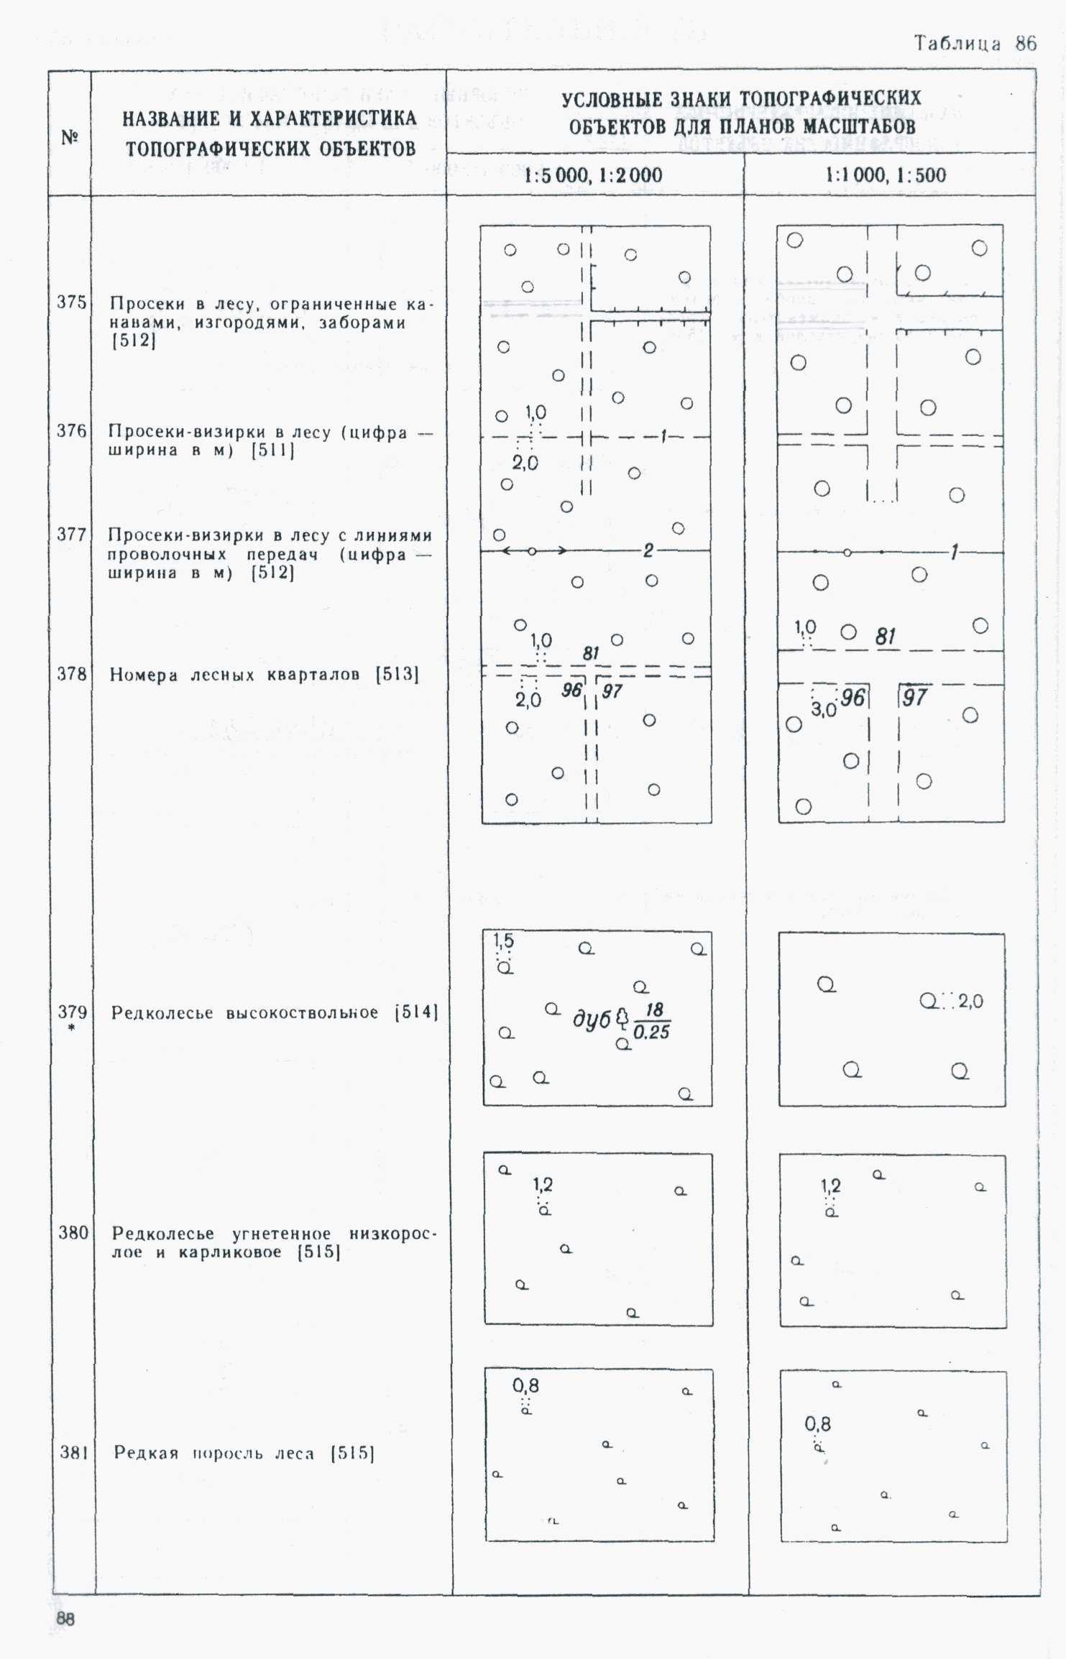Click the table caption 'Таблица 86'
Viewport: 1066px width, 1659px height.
coord(975,44)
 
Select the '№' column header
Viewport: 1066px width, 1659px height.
coord(70,137)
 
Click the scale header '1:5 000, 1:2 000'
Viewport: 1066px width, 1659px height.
coord(593,175)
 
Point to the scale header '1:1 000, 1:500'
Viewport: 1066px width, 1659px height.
coord(886,175)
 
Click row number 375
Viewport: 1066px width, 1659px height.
coord(71,302)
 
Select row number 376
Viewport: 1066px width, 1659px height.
coord(71,431)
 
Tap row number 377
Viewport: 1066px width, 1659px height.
coord(71,535)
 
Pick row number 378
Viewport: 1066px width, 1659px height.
coord(71,674)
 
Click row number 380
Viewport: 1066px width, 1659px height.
coord(73,1233)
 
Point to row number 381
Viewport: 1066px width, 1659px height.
coord(73,1453)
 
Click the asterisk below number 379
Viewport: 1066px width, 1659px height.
coord(72,1028)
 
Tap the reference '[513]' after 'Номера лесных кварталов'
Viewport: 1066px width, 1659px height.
coord(398,675)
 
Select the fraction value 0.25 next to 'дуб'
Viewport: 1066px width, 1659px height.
coord(652,1032)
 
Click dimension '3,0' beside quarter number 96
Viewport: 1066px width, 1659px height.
coord(824,710)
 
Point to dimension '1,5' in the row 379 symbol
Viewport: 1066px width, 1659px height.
coord(503,941)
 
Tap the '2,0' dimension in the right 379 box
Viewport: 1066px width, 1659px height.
coord(970,1001)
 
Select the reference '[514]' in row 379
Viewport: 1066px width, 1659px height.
coord(417,1013)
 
